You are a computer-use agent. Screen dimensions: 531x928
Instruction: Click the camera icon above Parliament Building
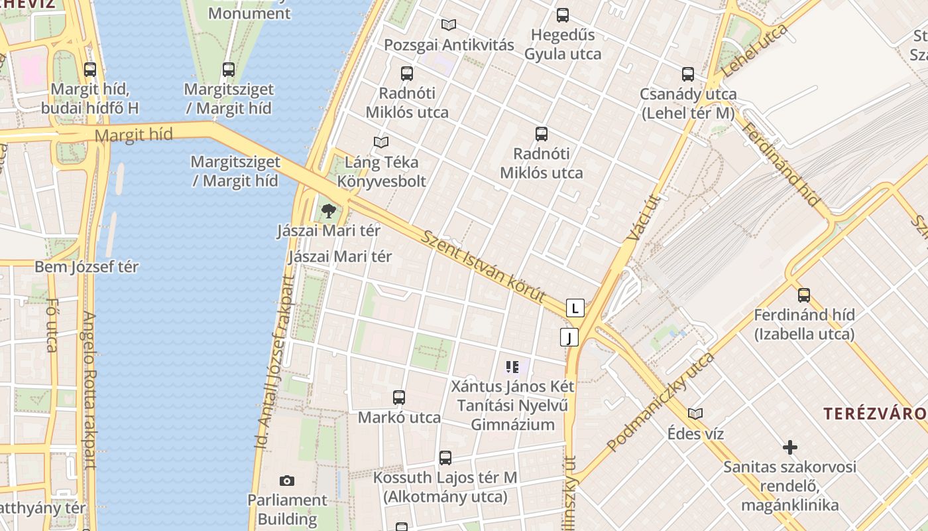point(286,481)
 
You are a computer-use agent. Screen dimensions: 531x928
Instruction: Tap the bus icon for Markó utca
point(398,398)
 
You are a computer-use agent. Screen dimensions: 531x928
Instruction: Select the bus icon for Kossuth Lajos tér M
point(445,458)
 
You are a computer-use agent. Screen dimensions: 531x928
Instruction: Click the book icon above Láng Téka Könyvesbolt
point(381,142)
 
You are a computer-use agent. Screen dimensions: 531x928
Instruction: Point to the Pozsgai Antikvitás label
point(449,45)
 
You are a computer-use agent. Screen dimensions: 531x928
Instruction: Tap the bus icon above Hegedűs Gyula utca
point(563,15)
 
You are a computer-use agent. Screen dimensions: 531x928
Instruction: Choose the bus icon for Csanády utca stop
point(688,74)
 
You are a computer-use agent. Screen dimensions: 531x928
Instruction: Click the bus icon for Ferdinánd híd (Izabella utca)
point(804,295)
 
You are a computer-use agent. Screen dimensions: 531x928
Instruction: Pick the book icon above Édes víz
point(695,414)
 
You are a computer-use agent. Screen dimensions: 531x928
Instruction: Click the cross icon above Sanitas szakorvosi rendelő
point(790,447)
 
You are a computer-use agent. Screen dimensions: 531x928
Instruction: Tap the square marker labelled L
point(575,308)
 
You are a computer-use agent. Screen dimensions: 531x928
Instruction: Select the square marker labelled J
point(569,337)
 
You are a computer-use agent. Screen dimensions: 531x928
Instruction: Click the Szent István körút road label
point(483,267)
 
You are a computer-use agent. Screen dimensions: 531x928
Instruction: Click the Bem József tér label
point(87,267)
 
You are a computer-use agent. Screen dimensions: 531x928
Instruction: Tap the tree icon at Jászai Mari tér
point(328,212)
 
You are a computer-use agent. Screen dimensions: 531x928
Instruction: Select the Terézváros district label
point(875,414)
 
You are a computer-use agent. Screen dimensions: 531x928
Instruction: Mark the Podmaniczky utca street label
point(660,402)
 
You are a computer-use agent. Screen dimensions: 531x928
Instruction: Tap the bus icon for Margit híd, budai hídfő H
point(89,69)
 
